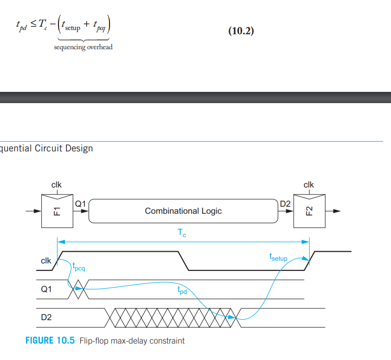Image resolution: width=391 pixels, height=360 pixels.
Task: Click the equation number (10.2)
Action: (x=241, y=31)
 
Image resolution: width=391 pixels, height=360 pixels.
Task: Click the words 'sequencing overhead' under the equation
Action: (x=83, y=47)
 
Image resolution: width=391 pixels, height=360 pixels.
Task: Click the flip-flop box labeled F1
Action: (x=57, y=210)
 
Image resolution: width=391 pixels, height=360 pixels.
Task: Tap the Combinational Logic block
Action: (x=183, y=211)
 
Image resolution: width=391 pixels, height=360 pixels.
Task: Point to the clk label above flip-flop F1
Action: (x=56, y=185)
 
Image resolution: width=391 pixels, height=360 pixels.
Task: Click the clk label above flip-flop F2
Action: (x=309, y=185)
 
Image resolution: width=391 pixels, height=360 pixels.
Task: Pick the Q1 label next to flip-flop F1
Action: (x=81, y=204)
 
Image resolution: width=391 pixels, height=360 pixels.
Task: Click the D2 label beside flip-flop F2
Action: (x=285, y=204)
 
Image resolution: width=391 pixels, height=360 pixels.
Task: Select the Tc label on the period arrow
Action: (x=182, y=233)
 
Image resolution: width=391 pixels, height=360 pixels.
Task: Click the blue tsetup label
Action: (x=278, y=257)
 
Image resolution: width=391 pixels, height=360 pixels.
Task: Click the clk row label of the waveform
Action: (x=46, y=261)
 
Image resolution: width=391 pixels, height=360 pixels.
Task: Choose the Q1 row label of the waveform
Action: (x=47, y=289)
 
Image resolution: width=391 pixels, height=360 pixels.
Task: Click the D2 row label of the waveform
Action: (x=47, y=317)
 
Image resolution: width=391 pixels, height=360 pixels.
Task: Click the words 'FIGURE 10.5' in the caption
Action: (x=50, y=341)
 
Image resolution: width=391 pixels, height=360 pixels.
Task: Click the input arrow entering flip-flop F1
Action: (x=34, y=211)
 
